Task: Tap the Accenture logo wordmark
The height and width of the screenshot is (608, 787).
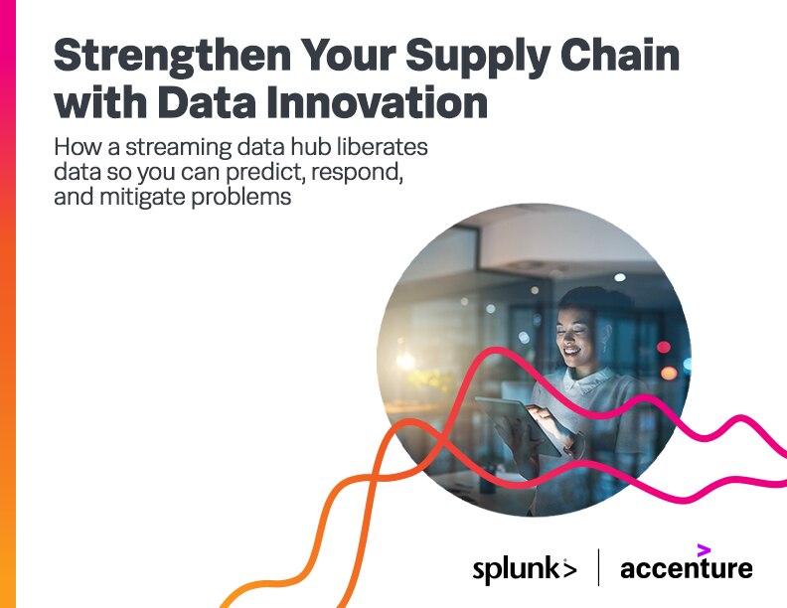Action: coord(686,569)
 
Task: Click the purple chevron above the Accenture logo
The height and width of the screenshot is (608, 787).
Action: coord(704,549)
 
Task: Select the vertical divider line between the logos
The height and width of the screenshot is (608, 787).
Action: coord(598,567)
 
